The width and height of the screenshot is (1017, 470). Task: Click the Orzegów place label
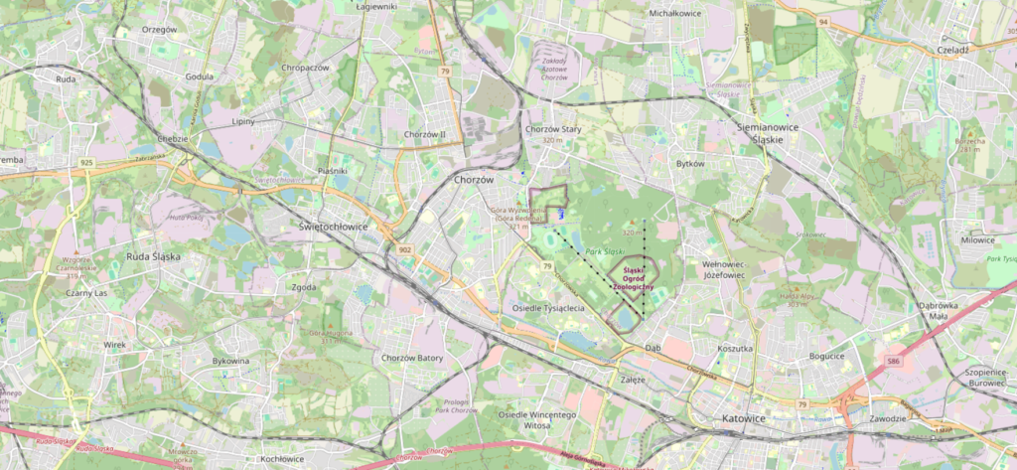tap(159, 29)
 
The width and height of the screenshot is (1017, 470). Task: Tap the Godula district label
tap(200, 77)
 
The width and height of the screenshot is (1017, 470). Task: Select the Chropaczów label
tap(305, 68)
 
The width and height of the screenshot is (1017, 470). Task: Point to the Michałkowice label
tap(675, 14)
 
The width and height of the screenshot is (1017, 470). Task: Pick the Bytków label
tap(689, 163)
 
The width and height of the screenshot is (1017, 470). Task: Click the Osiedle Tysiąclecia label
tap(547, 308)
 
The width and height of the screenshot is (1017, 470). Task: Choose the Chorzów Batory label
tap(412, 358)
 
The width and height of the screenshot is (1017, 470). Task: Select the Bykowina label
tap(233, 362)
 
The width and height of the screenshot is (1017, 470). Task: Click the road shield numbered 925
tap(88, 161)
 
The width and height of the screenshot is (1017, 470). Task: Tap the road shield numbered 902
tap(403, 248)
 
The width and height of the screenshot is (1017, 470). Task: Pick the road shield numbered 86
tap(894, 361)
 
